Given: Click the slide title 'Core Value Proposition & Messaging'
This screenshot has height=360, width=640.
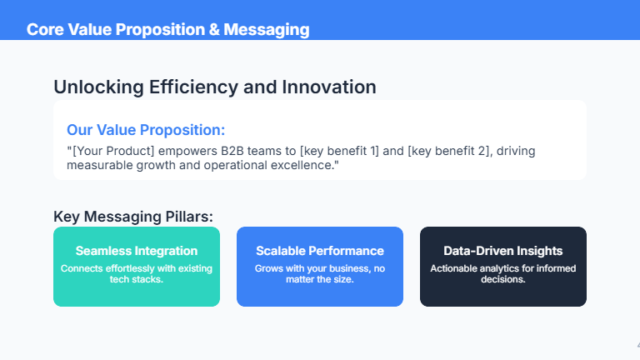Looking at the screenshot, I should (x=167, y=30).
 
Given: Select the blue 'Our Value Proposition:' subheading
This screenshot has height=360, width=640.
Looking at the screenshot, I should (x=146, y=130).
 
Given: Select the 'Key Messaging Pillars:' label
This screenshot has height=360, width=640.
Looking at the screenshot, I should (x=133, y=217).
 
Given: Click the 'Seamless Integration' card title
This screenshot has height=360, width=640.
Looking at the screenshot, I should (x=137, y=251).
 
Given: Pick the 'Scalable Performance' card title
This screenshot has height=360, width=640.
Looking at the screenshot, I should (x=320, y=251).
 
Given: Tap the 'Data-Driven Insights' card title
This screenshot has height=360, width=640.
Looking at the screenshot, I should (x=503, y=251).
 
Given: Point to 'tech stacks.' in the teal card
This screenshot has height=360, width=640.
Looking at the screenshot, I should (x=137, y=279).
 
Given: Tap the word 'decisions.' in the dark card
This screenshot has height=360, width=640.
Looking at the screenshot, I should (x=503, y=279).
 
